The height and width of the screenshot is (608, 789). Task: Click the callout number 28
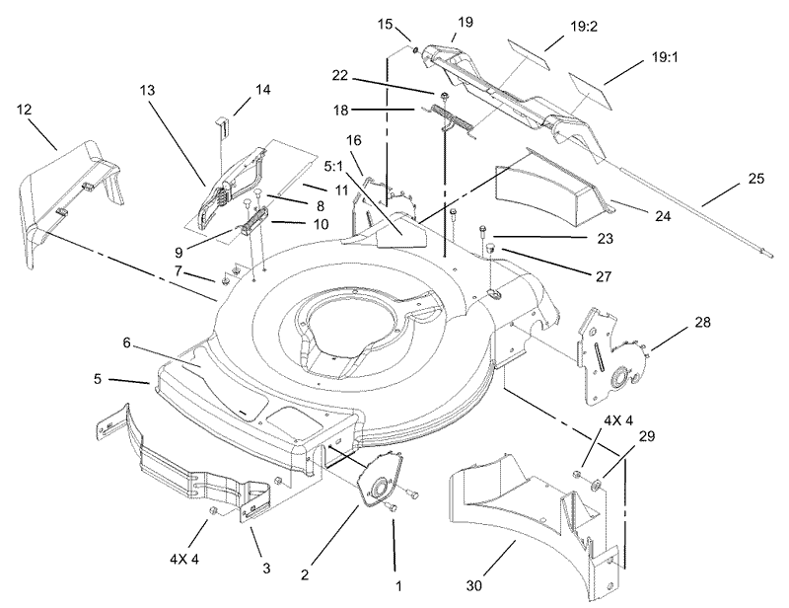674,323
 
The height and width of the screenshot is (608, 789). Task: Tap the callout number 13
147,90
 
